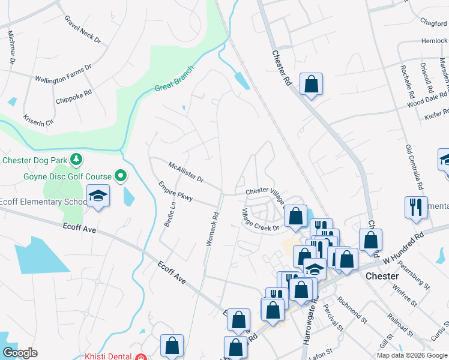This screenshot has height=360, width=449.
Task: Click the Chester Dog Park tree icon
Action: [x=76, y=160]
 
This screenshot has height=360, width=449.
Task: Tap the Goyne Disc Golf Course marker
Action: [x=121, y=176]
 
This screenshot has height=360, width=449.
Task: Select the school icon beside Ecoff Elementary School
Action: [x=98, y=196]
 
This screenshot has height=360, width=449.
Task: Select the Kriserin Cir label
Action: [x=38, y=114]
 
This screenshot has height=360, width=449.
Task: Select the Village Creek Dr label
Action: [x=261, y=220]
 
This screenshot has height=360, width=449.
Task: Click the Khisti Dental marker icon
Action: [x=140, y=357]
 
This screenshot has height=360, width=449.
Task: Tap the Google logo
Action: [x=20, y=353]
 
